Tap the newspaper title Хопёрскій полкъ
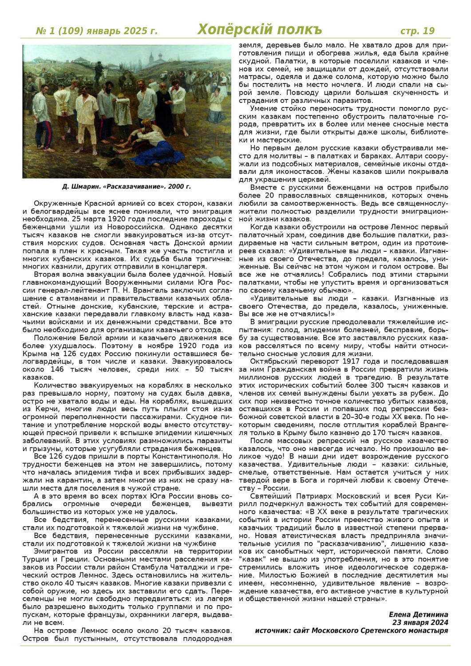coord(259,29)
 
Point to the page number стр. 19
coord(417,31)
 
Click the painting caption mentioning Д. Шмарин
coord(127,186)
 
